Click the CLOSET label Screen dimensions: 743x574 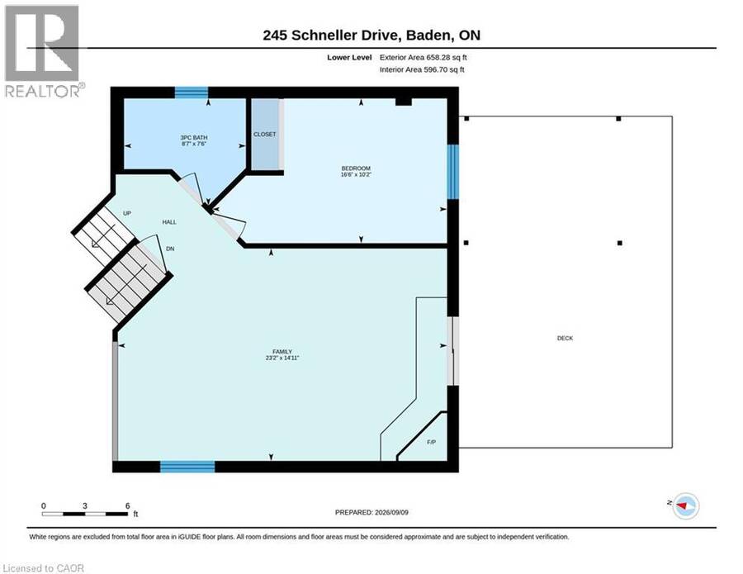point(264,135)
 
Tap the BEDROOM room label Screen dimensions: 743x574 point(356,168)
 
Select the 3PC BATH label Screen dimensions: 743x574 point(194,137)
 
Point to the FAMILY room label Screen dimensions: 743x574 point(282,352)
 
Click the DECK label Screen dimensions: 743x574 point(565,338)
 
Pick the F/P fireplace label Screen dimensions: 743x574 point(431,442)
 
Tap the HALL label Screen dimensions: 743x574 point(169,222)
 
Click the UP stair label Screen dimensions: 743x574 point(127,213)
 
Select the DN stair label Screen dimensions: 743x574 point(170,249)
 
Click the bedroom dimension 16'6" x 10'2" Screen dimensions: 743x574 point(356,174)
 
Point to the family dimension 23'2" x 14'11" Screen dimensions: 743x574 point(282,358)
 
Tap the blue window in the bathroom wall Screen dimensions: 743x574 point(192,93)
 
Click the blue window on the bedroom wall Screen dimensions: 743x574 point(453,172)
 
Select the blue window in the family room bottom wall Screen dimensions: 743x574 point(187,467)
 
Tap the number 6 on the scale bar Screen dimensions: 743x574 point(127,505)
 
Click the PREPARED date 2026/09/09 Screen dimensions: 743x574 point(391,512)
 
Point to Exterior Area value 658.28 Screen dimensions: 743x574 point(438,57)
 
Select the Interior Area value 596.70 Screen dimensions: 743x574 point(435,69)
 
